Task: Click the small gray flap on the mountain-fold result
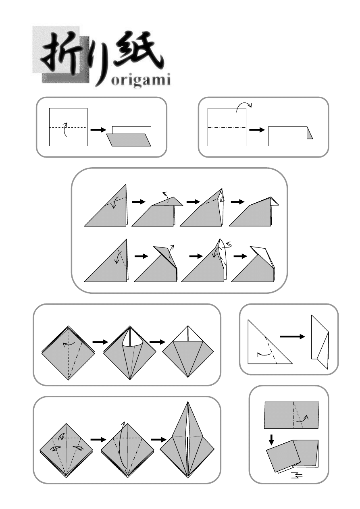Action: [x=310, y=133]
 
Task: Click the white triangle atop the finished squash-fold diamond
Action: [x=188, y=334]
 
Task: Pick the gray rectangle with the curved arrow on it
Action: [x=291, y=415]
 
